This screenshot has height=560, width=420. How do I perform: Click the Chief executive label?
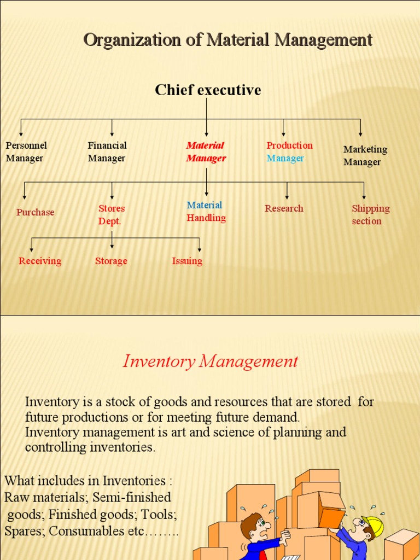(208, 90)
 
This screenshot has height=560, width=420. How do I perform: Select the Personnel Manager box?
(26, 152)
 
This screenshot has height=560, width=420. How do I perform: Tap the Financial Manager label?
(107, 152)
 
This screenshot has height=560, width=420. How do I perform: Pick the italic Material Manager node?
(206, 152)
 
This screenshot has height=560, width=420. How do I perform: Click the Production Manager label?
(289, 152)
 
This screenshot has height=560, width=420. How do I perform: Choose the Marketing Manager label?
(365, 156)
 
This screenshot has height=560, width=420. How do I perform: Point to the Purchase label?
(36, 212)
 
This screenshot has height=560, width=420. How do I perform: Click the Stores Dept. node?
(112, 215)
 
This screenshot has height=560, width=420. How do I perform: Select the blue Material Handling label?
(206, 212)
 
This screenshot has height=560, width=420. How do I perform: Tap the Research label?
(284, 208)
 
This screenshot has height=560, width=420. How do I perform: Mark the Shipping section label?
(370, 215)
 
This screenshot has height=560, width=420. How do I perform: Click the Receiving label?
(40, 261)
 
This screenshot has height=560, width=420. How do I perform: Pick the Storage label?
(111, 261)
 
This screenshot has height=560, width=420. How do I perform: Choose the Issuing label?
(187, 261)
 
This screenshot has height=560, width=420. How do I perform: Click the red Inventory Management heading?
(211, 361)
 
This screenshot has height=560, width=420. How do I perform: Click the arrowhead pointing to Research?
(287, 197)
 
